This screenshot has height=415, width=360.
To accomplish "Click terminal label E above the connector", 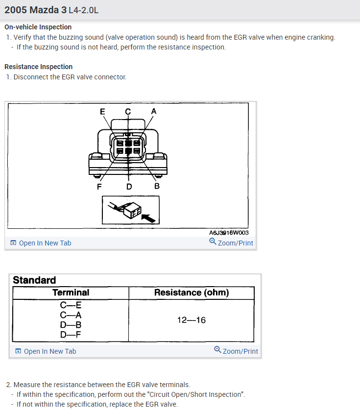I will point(102,111).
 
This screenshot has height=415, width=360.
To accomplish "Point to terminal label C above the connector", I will point(128,111).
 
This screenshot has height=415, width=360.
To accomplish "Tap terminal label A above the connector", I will point(153,111).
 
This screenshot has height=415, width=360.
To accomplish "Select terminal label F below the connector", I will point(99,186).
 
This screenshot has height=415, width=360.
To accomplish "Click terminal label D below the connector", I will point(129,186).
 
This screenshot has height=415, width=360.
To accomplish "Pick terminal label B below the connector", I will point(157,186).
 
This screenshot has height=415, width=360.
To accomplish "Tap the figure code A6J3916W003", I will point(228,233).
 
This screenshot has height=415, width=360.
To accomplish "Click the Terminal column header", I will point(71,293).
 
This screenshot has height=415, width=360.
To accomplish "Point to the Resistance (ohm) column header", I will point(192,293).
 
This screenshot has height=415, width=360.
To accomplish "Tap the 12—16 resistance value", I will point(192,320).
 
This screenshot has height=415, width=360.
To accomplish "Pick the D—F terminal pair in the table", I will point(71,335).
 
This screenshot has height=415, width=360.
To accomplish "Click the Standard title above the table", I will point(34,280).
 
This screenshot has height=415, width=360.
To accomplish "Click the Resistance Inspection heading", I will point(38,67).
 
